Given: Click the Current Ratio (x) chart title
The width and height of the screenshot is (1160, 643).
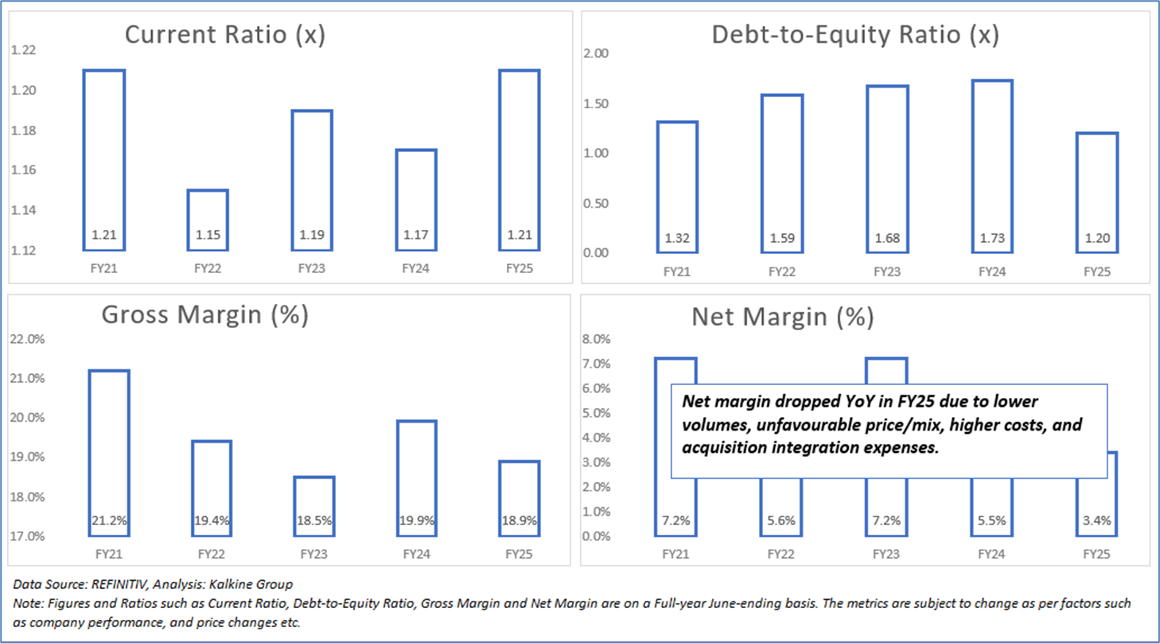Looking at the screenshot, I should pos(225,37).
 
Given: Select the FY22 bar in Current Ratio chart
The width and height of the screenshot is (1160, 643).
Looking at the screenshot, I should pos(208,220).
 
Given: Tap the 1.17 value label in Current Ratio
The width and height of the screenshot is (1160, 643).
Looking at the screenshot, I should pos(416,236).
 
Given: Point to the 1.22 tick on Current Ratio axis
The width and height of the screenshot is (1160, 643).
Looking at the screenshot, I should pos(24,51).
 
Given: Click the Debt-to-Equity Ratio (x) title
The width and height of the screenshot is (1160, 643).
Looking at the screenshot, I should pos(855,37).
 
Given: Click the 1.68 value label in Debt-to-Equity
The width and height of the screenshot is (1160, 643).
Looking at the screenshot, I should pos(887,237).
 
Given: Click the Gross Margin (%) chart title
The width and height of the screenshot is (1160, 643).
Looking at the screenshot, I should pos(204,315).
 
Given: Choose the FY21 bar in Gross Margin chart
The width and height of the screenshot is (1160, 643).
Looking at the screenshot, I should pos(108,453).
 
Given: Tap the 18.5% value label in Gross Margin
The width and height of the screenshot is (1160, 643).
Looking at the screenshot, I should pos(315,521).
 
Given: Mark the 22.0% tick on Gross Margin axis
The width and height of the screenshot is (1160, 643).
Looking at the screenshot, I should pos(27,339).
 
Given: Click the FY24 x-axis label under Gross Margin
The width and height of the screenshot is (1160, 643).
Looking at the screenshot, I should pos(416,553).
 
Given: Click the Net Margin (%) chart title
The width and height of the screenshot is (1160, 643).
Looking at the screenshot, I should pos(782,318).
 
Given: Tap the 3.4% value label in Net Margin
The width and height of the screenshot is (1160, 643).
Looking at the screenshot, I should pos(1096,521).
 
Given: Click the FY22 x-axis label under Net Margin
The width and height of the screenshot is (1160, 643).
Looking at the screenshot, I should pos(780,553).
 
